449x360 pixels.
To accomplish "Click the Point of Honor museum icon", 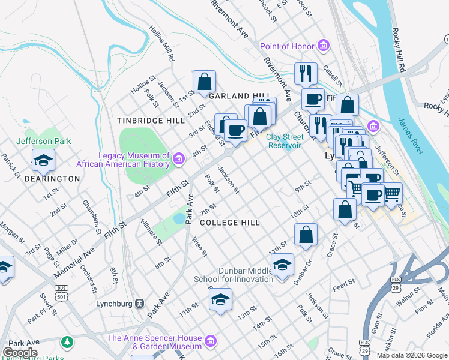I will tap(324, 46).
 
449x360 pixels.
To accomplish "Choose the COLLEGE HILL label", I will tap(230, 223).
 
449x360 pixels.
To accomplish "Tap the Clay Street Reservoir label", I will tap(284, 141).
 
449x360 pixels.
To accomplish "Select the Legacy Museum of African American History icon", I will tap(178, 159).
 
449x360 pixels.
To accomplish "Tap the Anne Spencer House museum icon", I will tap(210, 342).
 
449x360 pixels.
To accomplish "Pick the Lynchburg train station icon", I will tap(139, 303).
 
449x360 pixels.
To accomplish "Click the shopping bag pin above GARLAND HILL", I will tap(204, 82).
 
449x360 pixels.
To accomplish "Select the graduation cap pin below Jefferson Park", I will tap(43, 161).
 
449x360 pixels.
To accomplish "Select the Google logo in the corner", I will tap(20, 352).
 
